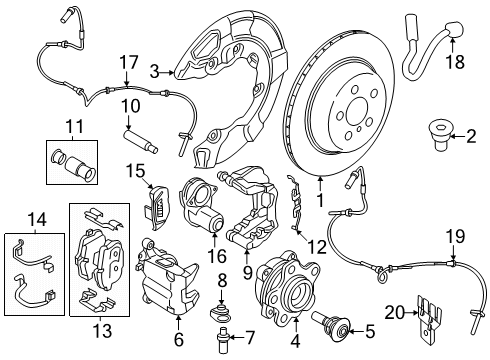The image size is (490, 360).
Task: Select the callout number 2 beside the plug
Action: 470,136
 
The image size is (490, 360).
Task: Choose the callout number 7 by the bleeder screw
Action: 250,337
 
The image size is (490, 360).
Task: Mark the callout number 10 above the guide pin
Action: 129,105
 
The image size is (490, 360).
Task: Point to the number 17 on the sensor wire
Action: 128,61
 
